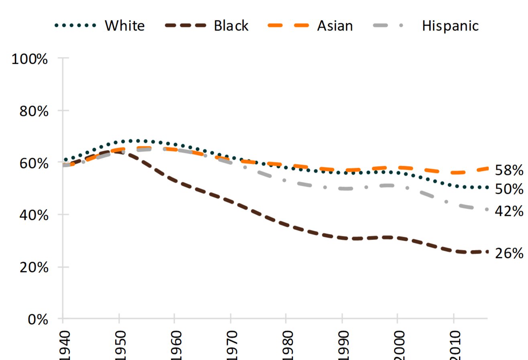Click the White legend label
pyautogui.click(x=124, y=26)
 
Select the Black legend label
pyautogui.click(x=231, y=26)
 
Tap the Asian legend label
pyautogui.click(x=335, y=26)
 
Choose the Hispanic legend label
pyautogui.click(x=450, y=26)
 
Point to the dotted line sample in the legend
pyautogui.click(x=75, y=26)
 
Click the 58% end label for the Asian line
pyautogui.click(x=509, y=170)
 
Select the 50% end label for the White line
pyautogui.click(x=509, y=189)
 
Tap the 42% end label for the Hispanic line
pyautogui.click(x=509, y=211)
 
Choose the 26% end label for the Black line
pyautogui.click(x=509, y=254)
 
